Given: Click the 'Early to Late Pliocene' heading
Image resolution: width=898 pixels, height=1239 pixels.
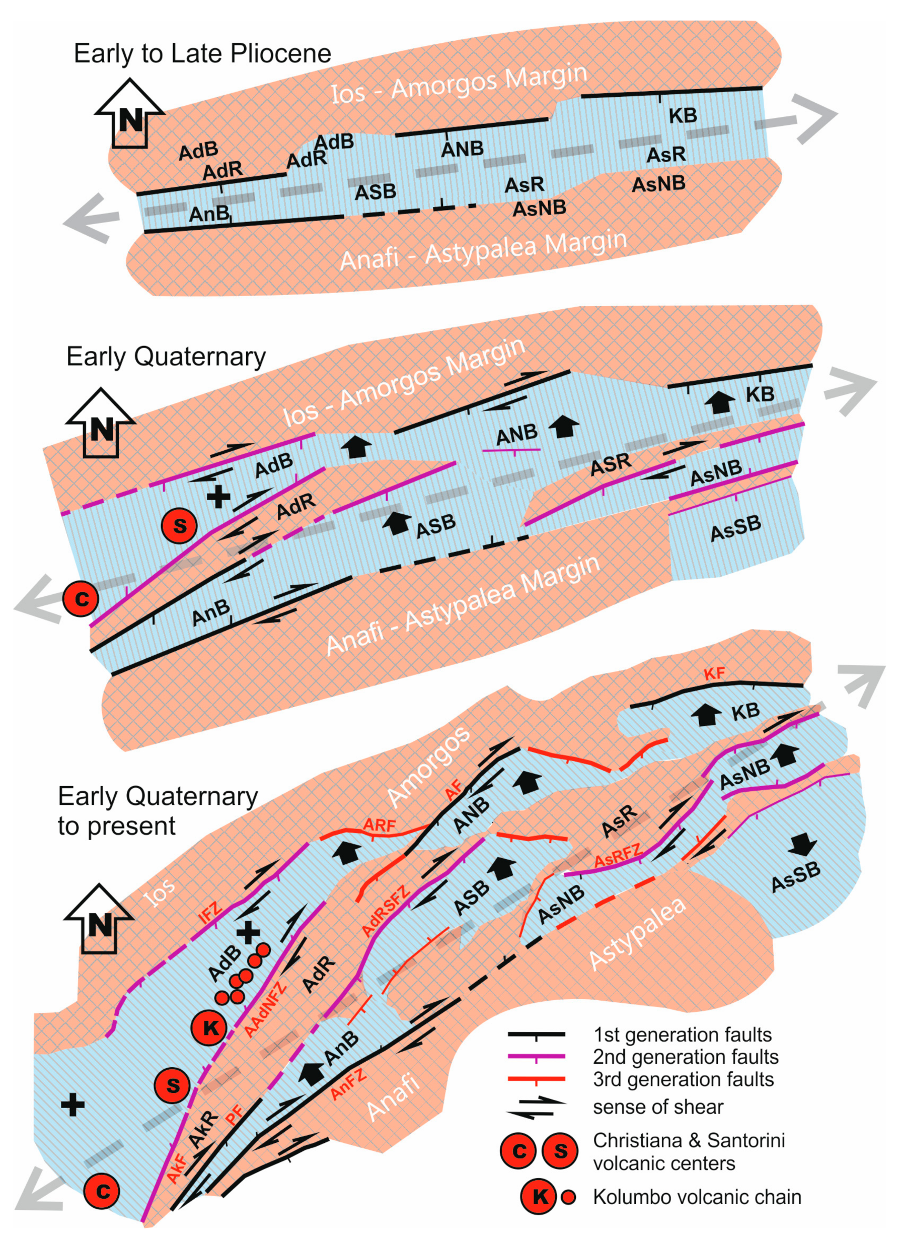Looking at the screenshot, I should (202, 53).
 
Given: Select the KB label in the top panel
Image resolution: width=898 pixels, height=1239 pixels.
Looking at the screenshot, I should (683, 116).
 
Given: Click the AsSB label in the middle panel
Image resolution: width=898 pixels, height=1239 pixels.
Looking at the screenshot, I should (735, 528).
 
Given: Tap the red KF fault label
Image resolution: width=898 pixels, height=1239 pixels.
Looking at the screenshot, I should (714, 673).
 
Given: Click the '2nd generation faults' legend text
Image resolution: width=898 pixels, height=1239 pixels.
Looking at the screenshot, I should (686, 1057).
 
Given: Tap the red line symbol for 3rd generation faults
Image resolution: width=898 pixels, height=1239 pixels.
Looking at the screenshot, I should (536, 1079).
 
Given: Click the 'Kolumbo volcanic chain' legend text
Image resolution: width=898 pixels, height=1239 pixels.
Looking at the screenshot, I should (697, 1197).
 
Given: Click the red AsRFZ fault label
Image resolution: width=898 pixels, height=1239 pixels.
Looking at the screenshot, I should (617, 855).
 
